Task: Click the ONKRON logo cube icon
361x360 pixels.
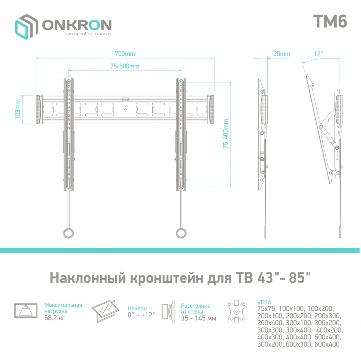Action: click(26, 26)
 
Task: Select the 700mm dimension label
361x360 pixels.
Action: click(125, 54)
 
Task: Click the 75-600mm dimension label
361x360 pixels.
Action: click(124, 66)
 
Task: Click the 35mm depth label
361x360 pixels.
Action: click(282, 54)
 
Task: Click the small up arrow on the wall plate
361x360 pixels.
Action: click(125, 110)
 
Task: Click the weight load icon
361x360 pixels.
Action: click(26, 310)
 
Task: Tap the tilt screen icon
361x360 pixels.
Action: click(104, 310)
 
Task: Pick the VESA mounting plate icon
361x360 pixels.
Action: click(236, 310)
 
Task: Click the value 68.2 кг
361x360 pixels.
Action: click(55, 318)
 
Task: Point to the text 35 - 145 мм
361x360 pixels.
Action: click(198, 318)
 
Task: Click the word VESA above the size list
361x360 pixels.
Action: click(264, 302)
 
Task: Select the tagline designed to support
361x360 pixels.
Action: click(89, 34)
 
